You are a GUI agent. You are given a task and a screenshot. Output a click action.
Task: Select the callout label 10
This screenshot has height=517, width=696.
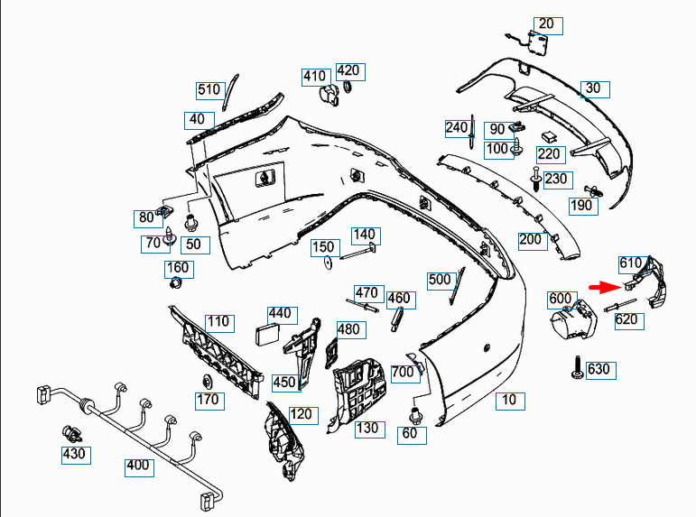[x=510, y=400]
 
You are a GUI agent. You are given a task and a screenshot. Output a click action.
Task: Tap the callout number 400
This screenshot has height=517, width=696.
[x=138, y=466]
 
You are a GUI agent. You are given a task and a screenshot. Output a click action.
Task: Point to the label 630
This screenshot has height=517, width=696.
[x=599, y=369]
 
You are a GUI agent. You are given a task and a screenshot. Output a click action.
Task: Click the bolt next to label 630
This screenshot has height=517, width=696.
[x=574, y=366]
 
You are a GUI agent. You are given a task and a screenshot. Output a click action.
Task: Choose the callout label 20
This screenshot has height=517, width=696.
[x=547, y=24]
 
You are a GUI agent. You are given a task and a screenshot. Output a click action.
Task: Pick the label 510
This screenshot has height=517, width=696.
[x=209, y=89]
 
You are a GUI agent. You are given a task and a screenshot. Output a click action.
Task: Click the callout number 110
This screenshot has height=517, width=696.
[x=218, y=322]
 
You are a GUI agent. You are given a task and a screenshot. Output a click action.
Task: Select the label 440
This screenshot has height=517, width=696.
[x=281, y=314]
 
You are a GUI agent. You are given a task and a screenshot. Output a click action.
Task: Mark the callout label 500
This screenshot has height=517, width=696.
[x=440, y=280]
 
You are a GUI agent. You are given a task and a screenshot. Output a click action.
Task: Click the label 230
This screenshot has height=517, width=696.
[x=556, y=179]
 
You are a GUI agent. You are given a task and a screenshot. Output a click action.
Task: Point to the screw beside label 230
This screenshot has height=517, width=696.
[x=537, y=180]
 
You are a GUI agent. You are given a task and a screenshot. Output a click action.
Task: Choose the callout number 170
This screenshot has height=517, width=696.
[x=208, y=400]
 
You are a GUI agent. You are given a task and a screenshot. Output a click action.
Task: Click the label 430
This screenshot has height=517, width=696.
[x=74, y=454]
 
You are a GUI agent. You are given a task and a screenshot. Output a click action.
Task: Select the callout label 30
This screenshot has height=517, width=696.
[x=592, y=88]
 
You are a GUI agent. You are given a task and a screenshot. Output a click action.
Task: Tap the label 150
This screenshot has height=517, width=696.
[x=323, y=246]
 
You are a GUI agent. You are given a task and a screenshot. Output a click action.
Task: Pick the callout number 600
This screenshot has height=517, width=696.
[x=560, y=299]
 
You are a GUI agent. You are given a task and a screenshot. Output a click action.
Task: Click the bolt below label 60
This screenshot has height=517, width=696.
[x=416, y=417]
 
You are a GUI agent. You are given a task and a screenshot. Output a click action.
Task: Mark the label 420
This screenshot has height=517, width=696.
[x=348, y=70]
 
